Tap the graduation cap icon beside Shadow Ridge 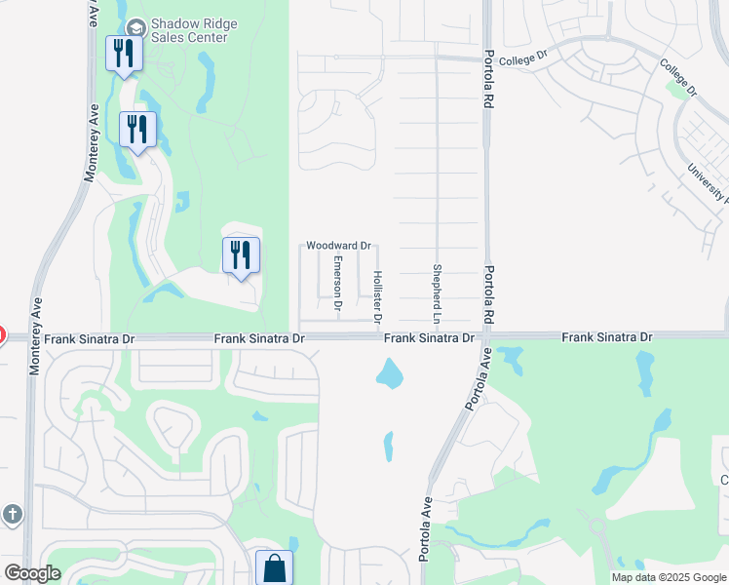click(134, 25)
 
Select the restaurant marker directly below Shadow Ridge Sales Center click(124, 55)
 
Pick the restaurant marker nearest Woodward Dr click(241, 256)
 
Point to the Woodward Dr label click(339, 246)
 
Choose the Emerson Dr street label click(337, 283)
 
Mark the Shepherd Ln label click(438, 292)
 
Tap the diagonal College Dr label click(678, 77)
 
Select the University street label click(708, 181)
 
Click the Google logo click(32, 573)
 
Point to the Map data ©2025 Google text click(668, 576)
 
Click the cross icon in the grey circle click(12, 514)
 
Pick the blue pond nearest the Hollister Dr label click(389, 372)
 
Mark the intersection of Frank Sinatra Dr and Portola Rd click(484, 336)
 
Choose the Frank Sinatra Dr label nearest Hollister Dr click(428, 337)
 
